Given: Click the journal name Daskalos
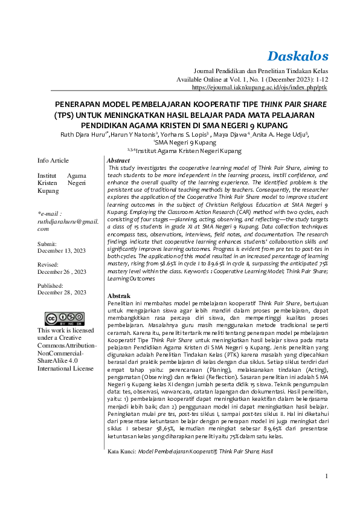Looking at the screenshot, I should pyautogui.click(x=298, y=56).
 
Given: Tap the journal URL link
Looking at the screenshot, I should pyautogui.click(x=260, y=88).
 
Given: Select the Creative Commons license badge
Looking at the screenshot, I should pyautogui.click(x=65, y=319).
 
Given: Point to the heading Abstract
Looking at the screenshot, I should pyautogui.click(x=118, y=161).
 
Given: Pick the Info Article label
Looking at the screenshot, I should pyautogui.click(x=53, y=160).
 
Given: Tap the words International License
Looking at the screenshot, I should pyautogui.click(x=65, y=368).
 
